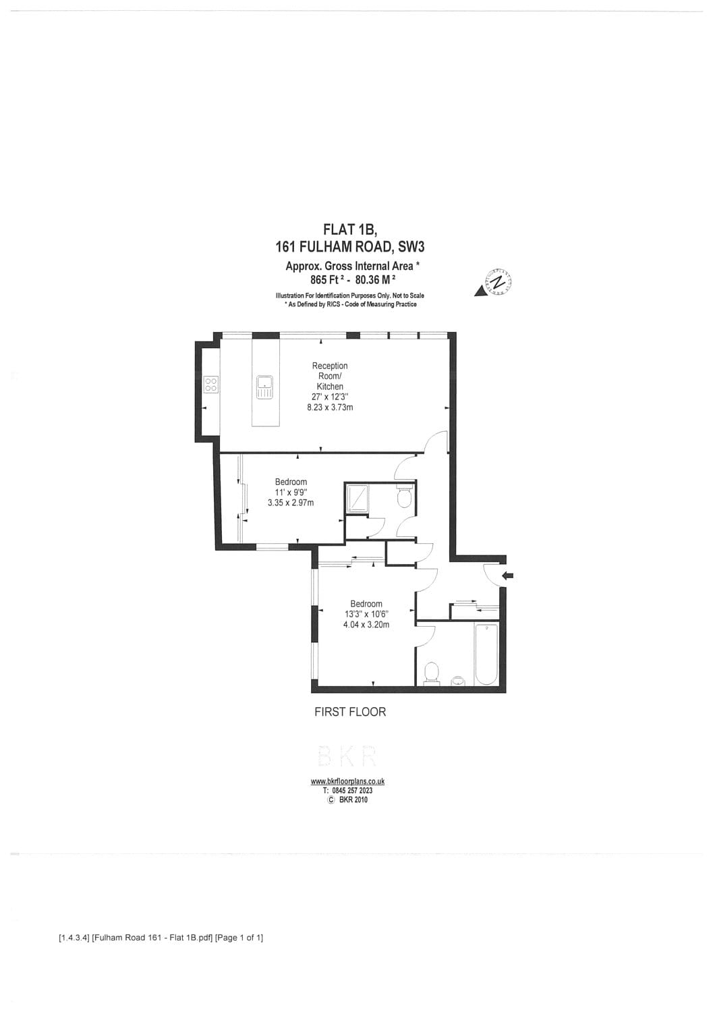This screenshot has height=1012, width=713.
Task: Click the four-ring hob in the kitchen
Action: [x=211, y=385]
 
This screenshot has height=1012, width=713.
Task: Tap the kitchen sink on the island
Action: [x=264, y=387]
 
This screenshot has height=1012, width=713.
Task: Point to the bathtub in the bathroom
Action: [x=486, y=654]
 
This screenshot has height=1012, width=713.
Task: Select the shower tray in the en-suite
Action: [x=357, y=499]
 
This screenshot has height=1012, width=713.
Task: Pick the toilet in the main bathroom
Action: [x=432, y=672]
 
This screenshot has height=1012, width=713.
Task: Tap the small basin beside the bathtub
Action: [x=459, y=680]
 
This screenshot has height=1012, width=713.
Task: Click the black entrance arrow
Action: [x=508, y=575]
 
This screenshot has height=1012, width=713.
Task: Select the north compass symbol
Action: [x=496, y=283]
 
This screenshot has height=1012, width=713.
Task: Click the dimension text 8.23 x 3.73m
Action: [x=330, y=407]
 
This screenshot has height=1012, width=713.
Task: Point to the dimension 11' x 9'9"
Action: [x=291, y=493]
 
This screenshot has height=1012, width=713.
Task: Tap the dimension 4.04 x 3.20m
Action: [x=366, y=625]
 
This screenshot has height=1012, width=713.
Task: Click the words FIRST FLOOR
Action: [x=350, y=712]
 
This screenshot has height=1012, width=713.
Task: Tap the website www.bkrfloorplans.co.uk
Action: [x=347, y=781]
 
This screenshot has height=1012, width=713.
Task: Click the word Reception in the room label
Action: [x=330, y=366]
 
